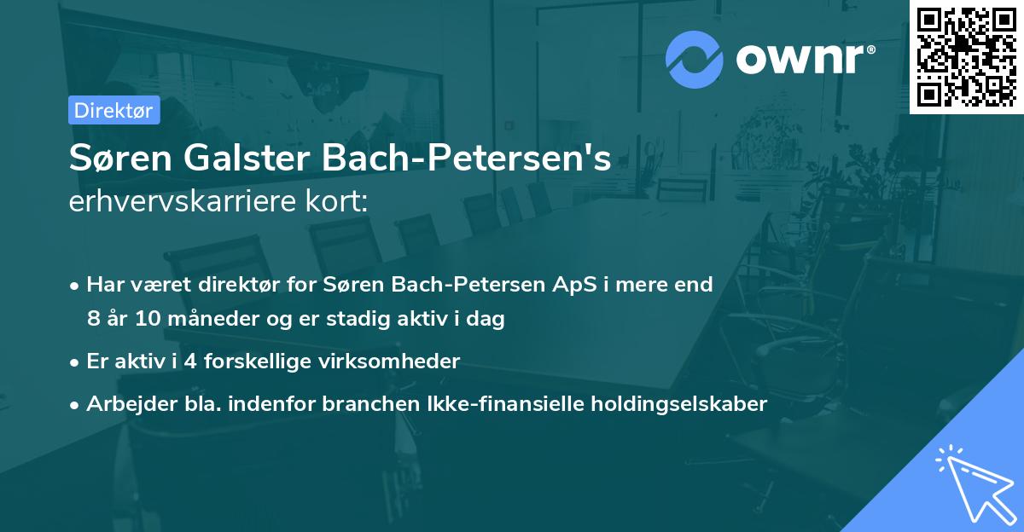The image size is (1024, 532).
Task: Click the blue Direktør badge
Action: [x=114, y=110]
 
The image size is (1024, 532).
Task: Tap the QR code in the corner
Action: [x=966, y=56]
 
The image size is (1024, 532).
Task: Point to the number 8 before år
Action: [x=93, y=320]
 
